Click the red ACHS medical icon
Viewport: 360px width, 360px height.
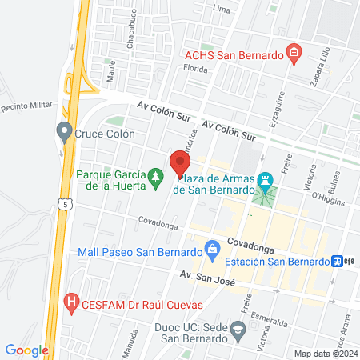coord(294,54)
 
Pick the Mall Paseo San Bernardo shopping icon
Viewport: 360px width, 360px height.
coord(212,251)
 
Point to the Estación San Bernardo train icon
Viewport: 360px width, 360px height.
coord(340,261)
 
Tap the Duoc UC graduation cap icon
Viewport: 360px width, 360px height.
coord(238,329)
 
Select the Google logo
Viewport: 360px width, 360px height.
coord(27,350)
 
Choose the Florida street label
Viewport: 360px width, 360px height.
coord(196,69)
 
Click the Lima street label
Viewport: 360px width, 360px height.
coord(222,9)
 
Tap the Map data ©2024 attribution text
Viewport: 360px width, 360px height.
coord(325,354)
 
